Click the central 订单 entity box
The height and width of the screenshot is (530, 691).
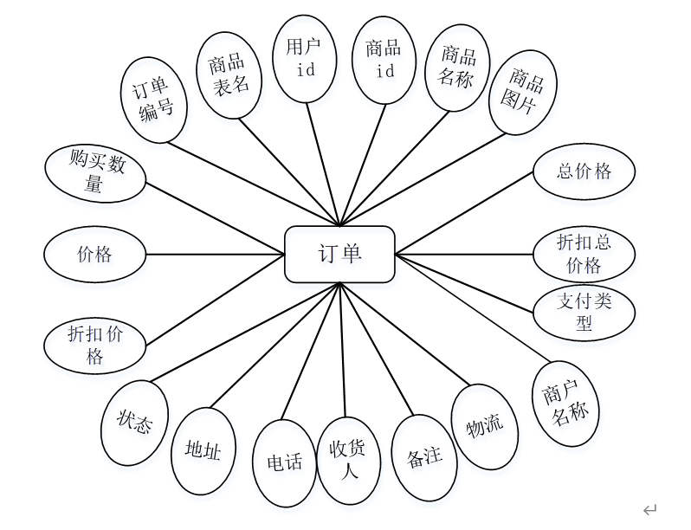coord(339,254)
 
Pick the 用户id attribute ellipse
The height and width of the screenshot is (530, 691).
coord(306,58)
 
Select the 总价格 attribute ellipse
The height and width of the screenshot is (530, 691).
coord(584,171)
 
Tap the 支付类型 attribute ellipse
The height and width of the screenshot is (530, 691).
coord(584,312)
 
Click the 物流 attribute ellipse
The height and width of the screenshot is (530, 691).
coord(485,426)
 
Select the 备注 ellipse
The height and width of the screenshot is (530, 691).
coord(424,456)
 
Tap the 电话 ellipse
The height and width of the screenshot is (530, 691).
coord(284,462)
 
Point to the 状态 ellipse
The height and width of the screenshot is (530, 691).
coord(135,423)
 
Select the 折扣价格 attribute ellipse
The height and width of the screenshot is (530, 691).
coord(95,345)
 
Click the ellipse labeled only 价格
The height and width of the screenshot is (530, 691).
coord(95,255)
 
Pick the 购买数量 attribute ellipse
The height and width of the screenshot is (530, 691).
coord(95,173)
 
